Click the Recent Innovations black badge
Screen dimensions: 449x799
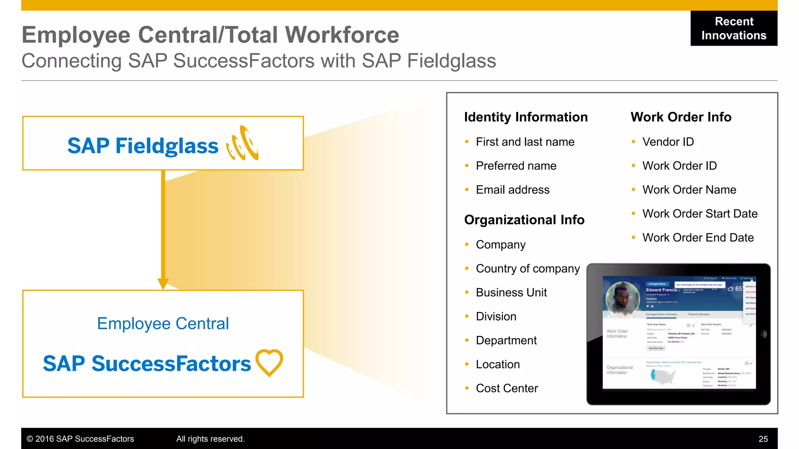[733, 28]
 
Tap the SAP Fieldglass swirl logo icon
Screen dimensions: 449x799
[243, 143]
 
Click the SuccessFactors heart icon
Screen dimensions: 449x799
[269, 362]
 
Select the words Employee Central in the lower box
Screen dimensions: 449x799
[163, 323]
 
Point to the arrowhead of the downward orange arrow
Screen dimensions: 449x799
[163, 283]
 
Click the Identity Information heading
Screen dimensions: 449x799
[526, 117]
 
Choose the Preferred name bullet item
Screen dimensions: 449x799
[516, 166]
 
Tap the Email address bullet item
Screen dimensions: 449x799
[512, 190]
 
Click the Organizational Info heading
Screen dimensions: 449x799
[524, 220]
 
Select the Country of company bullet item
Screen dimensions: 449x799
[527, 269]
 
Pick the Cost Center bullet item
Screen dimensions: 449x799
[506, 388]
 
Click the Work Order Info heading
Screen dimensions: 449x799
[681, 117]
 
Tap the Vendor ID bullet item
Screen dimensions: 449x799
[668, 142]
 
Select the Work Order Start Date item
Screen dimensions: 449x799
[700, 214]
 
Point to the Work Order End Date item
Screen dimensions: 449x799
[698, 238]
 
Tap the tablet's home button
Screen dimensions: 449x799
[763, 334]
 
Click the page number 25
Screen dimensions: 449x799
[763, 439]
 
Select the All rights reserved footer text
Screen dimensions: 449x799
[210, 439]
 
